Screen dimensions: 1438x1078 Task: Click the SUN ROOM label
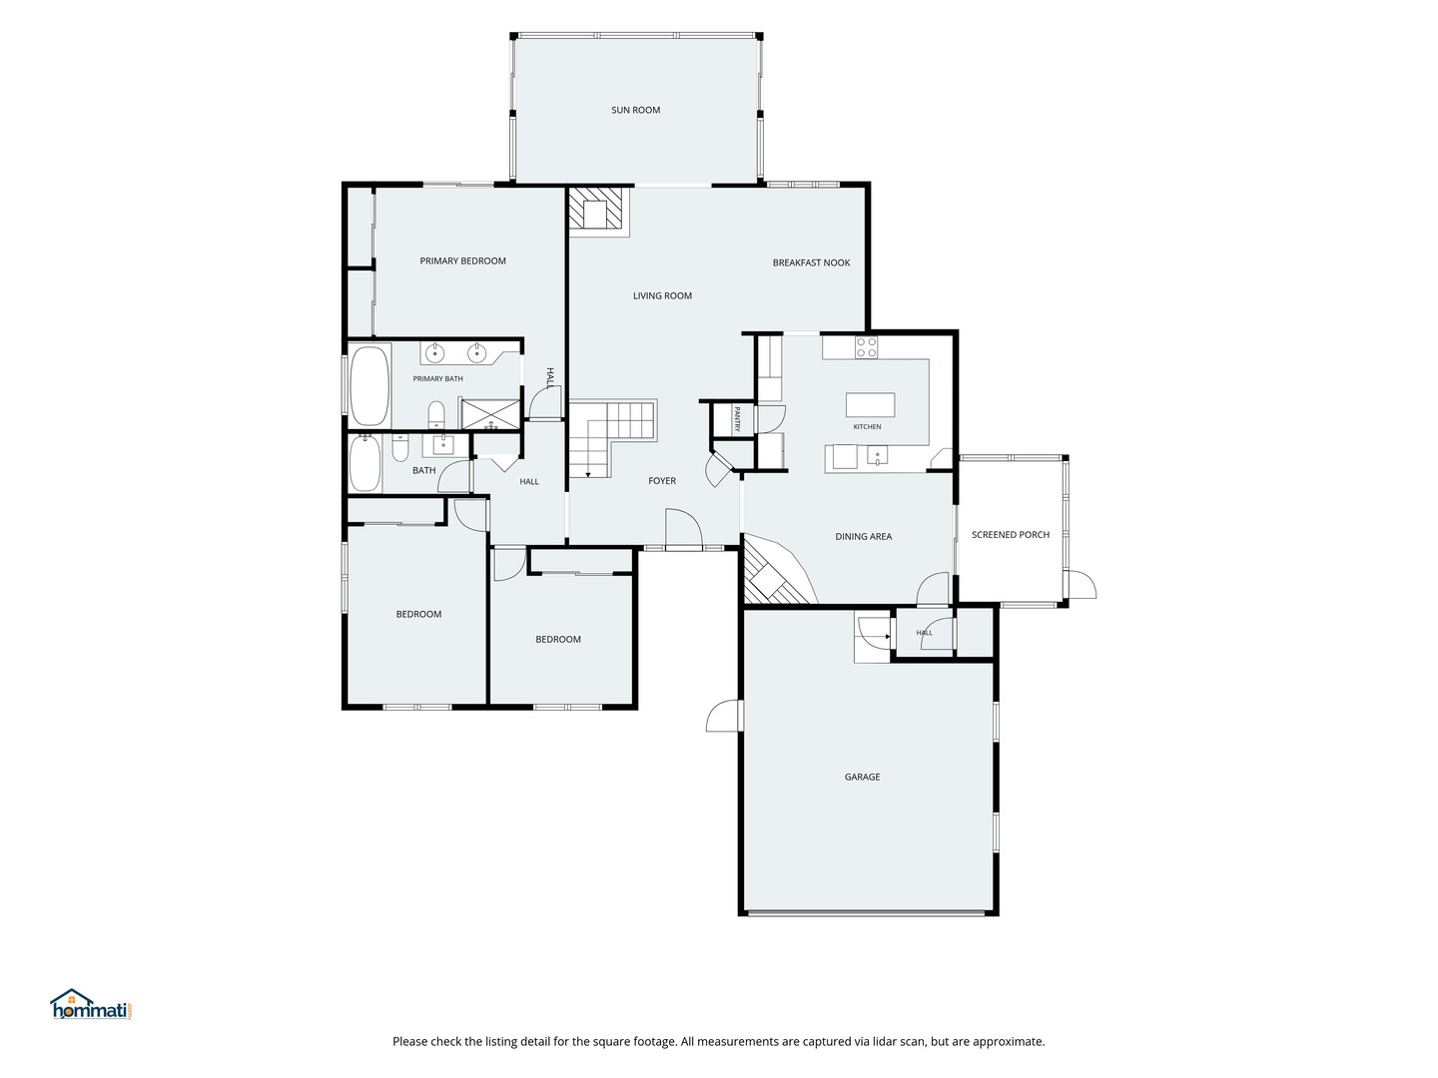click(635, 110)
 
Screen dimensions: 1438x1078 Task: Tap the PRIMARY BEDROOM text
click(462, 262)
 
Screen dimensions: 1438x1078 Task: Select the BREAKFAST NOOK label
click(811, 263)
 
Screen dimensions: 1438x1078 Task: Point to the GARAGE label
click(862, 777)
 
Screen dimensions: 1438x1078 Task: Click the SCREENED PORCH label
click(1011, 535)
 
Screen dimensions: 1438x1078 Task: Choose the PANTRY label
click(737, 419)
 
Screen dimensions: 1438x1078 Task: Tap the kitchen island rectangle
click(870, 404)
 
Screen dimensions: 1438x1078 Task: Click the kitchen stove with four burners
click(866, 347)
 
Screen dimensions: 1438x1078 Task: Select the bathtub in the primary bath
click(370, 385)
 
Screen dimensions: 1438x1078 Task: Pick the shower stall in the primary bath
click(490, 414)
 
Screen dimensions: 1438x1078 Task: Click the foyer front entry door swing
click(684, 527)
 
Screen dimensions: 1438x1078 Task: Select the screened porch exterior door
click(1079, 584)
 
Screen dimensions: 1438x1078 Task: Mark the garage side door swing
click(724, 716)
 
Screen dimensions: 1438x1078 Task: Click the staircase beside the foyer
click(611, 437)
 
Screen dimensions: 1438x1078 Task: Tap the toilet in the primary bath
click(436, 414)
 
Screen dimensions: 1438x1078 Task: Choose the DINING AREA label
click(864, 537)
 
